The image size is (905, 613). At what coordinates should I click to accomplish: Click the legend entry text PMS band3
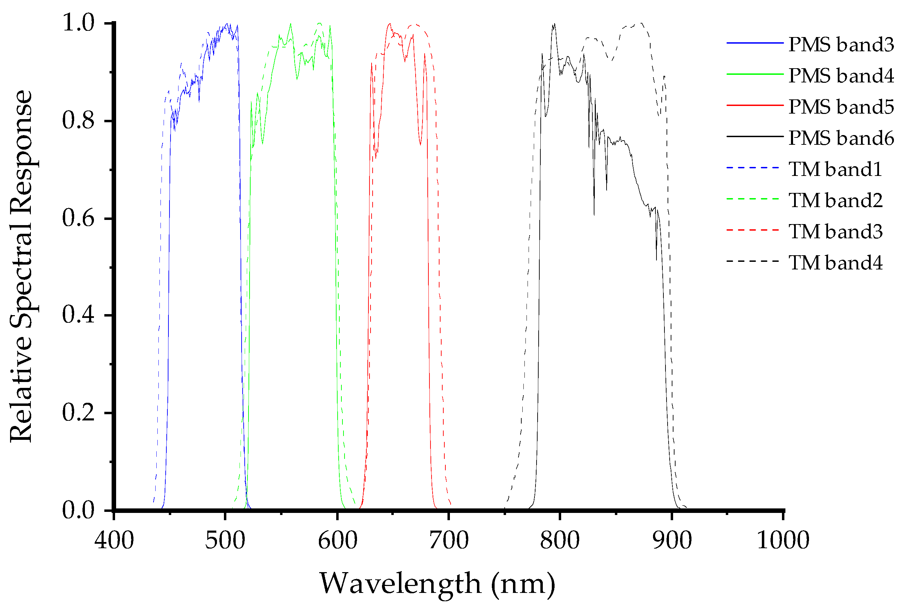[841, 44]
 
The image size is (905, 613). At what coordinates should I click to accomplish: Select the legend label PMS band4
[841, 75]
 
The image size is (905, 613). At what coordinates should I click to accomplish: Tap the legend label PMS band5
[841, 107]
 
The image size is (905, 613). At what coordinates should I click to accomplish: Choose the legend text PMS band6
[841, 138]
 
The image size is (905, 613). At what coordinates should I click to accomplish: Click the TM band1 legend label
[835, 169]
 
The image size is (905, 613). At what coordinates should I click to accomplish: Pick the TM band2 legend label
[835, 200]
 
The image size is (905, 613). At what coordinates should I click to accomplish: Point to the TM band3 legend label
[835, 231]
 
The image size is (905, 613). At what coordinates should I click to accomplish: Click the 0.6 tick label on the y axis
[78, 218]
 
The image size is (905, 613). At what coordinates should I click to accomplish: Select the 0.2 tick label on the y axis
[78, 412]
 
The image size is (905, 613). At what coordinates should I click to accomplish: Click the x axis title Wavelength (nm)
[437, 584]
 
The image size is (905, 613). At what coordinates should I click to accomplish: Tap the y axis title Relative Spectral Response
[21, 266]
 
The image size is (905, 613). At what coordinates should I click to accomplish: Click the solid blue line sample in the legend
[755, 43]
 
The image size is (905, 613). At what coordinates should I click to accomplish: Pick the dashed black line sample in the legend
[752, 261]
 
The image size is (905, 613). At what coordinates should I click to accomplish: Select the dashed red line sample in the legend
[752, 230]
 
